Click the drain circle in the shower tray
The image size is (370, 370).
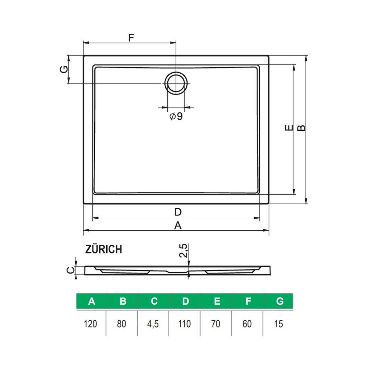click(x=176, y=83)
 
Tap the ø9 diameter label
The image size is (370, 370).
click(x=176, y=117)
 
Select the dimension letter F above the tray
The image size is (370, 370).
click(x=131, y=38)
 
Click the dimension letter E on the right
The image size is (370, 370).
click(x=289, y=128)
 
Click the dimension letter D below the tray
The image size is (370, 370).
click(x=178, y=212)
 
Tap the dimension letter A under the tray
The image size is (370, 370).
click(x=178, y=226)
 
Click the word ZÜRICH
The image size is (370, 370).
click(x=104, y=249)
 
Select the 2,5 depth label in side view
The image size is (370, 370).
click(x=183, y=250)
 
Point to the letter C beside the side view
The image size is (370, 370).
click(x=71, y=270)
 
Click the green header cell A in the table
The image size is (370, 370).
click(x=92, y=301)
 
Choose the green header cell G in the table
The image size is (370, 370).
click(x=280, y=301)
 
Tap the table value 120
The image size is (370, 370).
click(x=90, y=324)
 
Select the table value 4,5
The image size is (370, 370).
click(x=153, y=324)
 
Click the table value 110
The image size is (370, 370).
click(x=184, y=324)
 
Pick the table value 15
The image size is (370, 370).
click(x=278, y=324)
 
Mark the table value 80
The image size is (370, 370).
click(x=122, y=324)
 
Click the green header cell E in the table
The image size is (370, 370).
click(x=217, y=301)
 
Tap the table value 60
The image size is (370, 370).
click(x=247, y=324)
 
